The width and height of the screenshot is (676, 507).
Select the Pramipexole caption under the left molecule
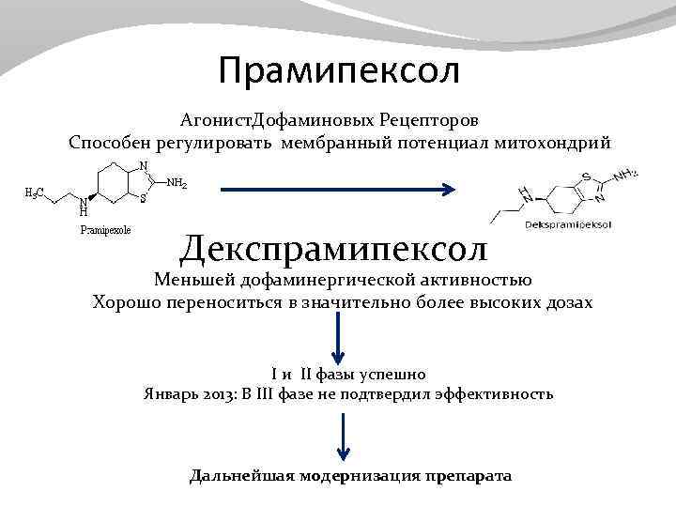pyautogui.click(x=105, y=229)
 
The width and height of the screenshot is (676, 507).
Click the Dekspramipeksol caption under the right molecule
pyautogui.click(x=569, y=225)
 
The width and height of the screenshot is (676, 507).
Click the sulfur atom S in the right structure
pyautogui.click(x=586, y=177)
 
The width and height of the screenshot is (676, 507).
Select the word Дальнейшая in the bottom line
pyautogui.click(x=240, y=475)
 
